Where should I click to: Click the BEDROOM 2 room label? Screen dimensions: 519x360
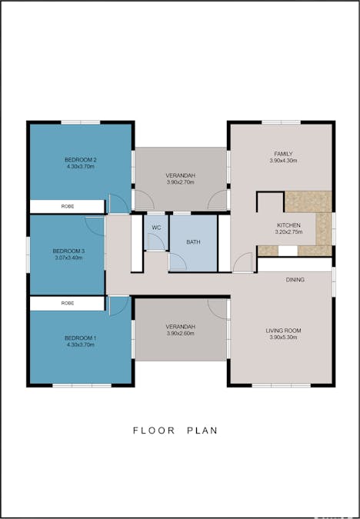tap(80, 160)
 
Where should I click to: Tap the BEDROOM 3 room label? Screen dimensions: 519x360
tap(68, 251)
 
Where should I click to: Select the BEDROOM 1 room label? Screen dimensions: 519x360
tap(80, 339)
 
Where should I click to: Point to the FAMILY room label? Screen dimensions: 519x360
tap(283, 153)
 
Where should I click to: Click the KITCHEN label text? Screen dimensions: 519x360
tap(288, 225)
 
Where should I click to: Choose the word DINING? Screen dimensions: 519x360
tap(295, 280)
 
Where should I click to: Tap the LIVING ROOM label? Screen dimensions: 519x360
tap(283, 330)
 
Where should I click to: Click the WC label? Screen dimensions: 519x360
tap(156, 228)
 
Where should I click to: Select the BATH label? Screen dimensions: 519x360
tap(193, 242)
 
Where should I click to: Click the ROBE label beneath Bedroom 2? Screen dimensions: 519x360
tap(67, 207)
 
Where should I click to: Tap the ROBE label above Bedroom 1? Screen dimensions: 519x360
tap(67, 304)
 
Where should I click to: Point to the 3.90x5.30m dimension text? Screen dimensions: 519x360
tap(283, 337)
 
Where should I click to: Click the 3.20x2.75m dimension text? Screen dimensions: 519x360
tap(288, 232)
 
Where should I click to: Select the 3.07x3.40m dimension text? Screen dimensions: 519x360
tap(68, 258)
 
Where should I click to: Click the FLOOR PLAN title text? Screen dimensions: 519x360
tap(175, 431)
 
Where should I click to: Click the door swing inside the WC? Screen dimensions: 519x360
tap(155, 241)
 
